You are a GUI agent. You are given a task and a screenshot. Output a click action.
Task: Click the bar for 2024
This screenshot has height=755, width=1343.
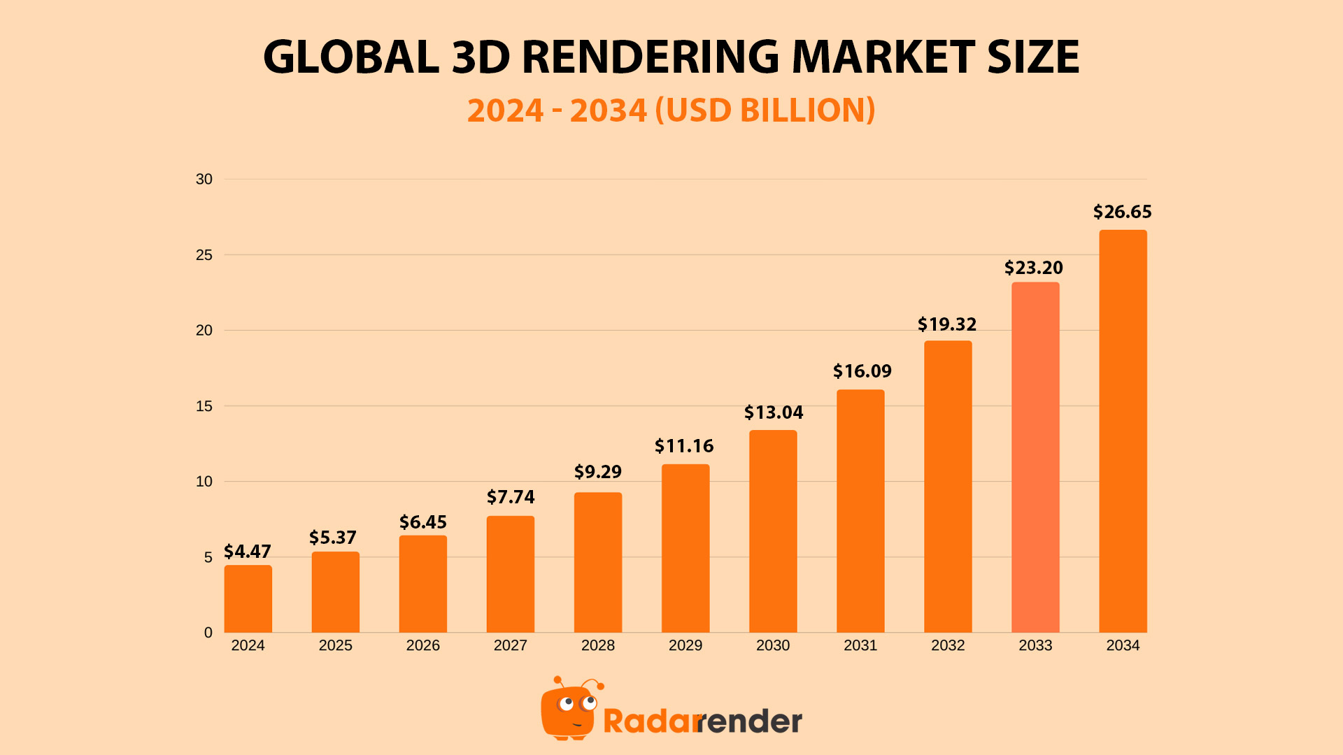point(248,599)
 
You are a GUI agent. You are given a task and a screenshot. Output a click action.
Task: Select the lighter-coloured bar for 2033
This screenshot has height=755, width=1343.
point(1035,458)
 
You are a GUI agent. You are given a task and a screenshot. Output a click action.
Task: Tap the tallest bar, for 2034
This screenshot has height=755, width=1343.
point(1123,431)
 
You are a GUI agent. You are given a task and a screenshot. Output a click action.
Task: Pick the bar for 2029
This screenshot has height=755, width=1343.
point(685,549)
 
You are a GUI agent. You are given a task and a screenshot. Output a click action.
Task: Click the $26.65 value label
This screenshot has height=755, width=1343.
point(1122,212)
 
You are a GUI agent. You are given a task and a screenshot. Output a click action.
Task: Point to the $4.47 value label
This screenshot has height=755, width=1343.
point(248,552)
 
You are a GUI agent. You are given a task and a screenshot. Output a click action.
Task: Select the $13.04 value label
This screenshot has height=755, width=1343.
point(773,412)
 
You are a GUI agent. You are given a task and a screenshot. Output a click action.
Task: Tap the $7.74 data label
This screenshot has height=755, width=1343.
point(511,497)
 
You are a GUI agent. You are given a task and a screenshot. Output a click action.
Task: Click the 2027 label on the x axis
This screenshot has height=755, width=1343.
point(511,645)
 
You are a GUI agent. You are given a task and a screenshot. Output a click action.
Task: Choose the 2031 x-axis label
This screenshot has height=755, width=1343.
point(860,645)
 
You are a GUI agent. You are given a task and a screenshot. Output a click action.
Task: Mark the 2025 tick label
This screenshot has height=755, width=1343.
point(336,645)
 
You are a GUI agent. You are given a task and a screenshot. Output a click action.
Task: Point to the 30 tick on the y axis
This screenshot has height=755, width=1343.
point(204,180)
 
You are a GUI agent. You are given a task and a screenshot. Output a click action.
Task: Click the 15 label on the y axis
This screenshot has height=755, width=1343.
point(204,406)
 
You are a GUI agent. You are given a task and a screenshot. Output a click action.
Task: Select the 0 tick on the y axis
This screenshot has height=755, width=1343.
point(208,633)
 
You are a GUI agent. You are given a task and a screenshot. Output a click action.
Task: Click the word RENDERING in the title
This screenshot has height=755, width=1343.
point(650,57)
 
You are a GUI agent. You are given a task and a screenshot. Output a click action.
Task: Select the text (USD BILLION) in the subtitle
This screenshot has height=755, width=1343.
point(765,110)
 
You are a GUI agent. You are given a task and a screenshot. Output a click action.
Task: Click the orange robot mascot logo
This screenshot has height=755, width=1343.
point(569,710)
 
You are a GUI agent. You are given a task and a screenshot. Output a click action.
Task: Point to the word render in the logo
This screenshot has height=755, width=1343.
point(750,721)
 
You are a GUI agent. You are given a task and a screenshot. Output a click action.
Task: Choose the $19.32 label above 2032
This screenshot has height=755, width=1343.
point(947,324)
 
